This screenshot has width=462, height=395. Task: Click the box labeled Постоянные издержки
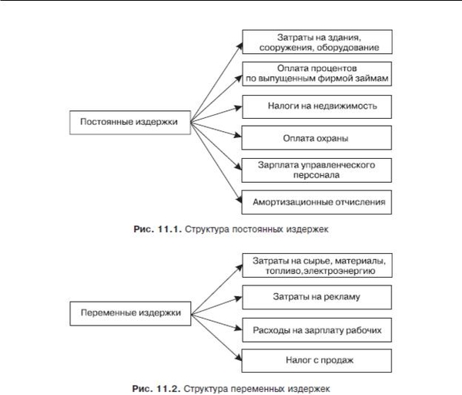coord(130,123)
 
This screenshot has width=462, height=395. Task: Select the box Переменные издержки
coord(130,313)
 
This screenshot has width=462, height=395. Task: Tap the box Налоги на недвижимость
coord(316,106)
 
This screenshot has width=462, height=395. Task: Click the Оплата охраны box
coord(316,137)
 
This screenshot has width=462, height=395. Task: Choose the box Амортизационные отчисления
coord(316,202)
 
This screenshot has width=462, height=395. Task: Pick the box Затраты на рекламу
coord(316,297)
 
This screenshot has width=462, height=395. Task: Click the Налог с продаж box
coord(316,361)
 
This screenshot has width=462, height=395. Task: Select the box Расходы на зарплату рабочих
coord(316,330)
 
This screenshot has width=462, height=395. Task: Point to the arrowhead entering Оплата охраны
coord(238,136)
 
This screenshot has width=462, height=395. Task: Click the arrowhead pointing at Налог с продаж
coord(239,357)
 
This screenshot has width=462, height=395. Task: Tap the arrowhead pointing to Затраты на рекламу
coord(238,299)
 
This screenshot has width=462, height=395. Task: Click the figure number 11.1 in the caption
coord(169,229)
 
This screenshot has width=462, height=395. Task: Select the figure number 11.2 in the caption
coord(168,389)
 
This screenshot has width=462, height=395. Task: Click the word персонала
coord(316,175)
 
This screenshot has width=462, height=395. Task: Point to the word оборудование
coord(350,48)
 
